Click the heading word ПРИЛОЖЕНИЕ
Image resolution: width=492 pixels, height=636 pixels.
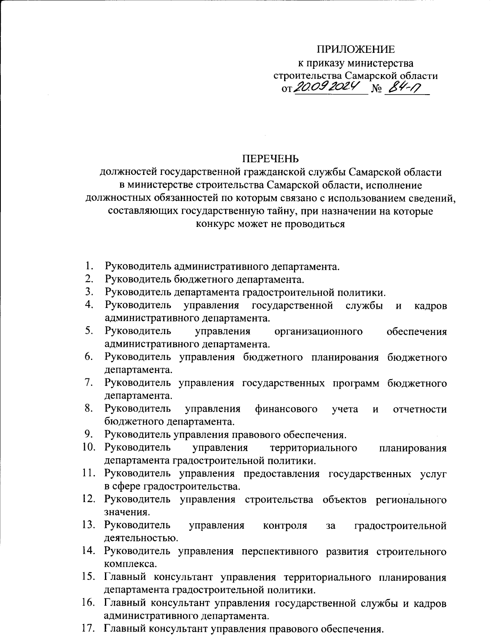[x=356, y=50]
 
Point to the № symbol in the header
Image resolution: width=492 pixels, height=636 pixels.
[x=376, y=89]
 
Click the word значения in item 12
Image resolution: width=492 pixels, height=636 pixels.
[x=125, y=512]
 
